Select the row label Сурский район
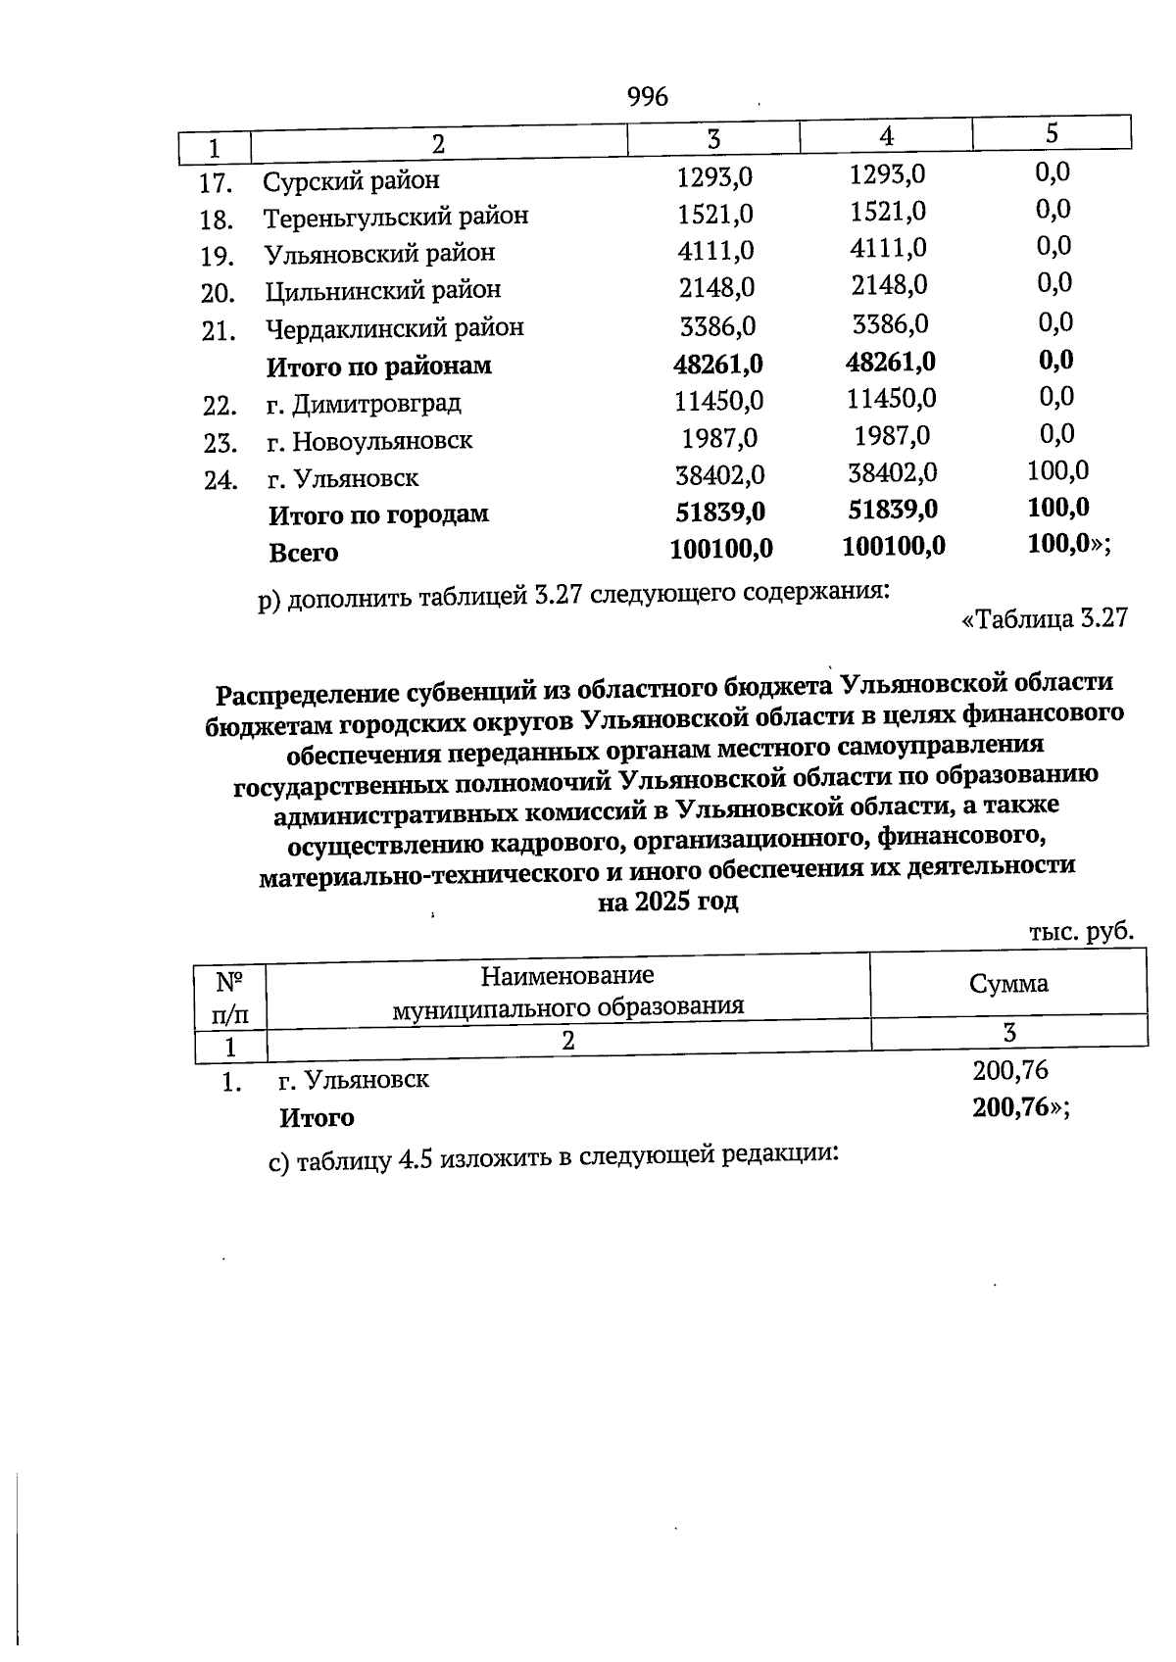click(x=351, y=180)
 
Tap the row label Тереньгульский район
click(x=395, y=216)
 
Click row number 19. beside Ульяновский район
click(x=217, y=256)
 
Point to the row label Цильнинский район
click(x=382, y=290)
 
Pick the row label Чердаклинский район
click(x=394, y=327)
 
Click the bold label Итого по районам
click(x=378, y=367)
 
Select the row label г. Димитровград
click(x=364, y=403)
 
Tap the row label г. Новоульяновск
click(x=369, y=440)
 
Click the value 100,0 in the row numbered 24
click(x=1057, y=470)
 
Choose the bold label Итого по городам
click(x=378, y=513)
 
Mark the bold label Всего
click(x=304, y=552)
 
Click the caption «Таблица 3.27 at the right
click(x=1045, y=617)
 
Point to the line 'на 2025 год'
click(x=667, y=902)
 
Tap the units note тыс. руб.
click(x=1081, y=931)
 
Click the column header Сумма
click(x=1008, y=984)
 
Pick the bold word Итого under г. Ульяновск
click(x=317, y=1117)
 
